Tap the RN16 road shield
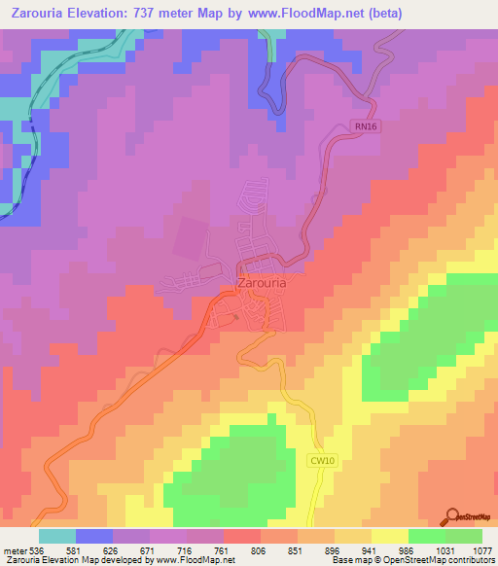[362, 125]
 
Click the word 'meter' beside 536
[16, 550]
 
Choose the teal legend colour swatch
[57, 536]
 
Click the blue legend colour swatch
[94, 536]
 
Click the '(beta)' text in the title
[381, 14]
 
